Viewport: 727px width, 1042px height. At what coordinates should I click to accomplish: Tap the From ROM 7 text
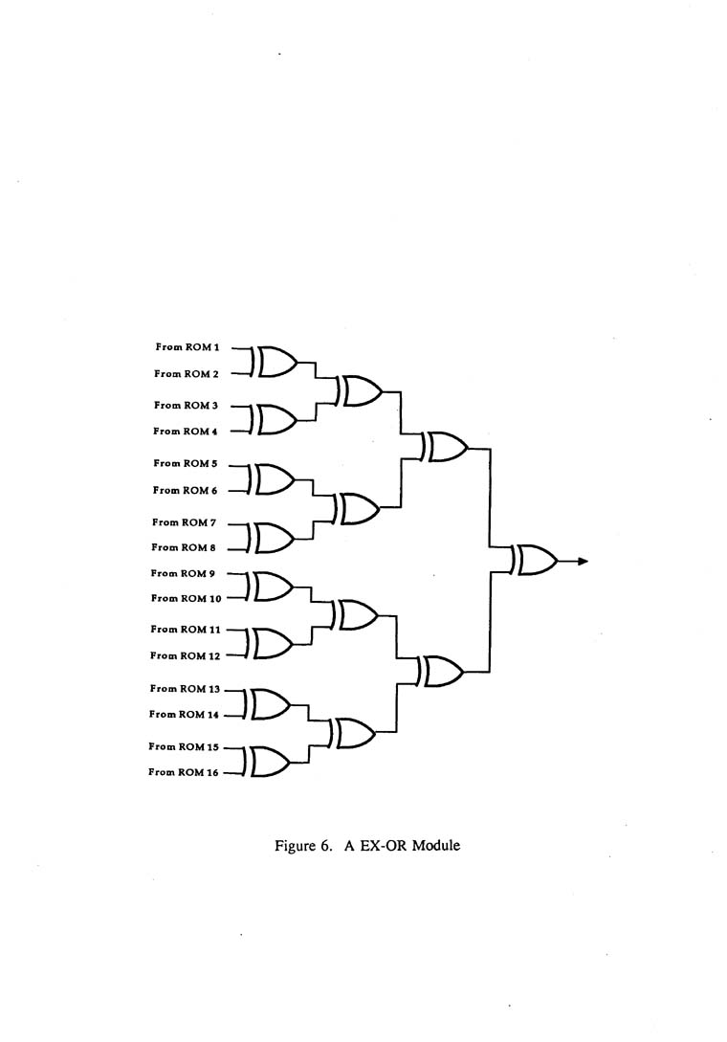pos(186,522)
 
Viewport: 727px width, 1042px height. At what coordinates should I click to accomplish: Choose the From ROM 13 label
pos(186,689)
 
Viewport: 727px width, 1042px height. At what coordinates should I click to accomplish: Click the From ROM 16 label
pos(185,772)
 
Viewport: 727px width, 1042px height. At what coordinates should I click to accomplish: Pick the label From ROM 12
pos(186,655)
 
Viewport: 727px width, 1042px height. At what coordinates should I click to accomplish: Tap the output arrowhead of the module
pos(581,562)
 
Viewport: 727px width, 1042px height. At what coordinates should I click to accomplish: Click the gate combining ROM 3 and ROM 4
pos(274,419)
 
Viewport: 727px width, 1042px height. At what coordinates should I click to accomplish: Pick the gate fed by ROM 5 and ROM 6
pos(274,478)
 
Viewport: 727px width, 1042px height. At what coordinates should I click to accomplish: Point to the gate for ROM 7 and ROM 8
pos(272,538)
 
